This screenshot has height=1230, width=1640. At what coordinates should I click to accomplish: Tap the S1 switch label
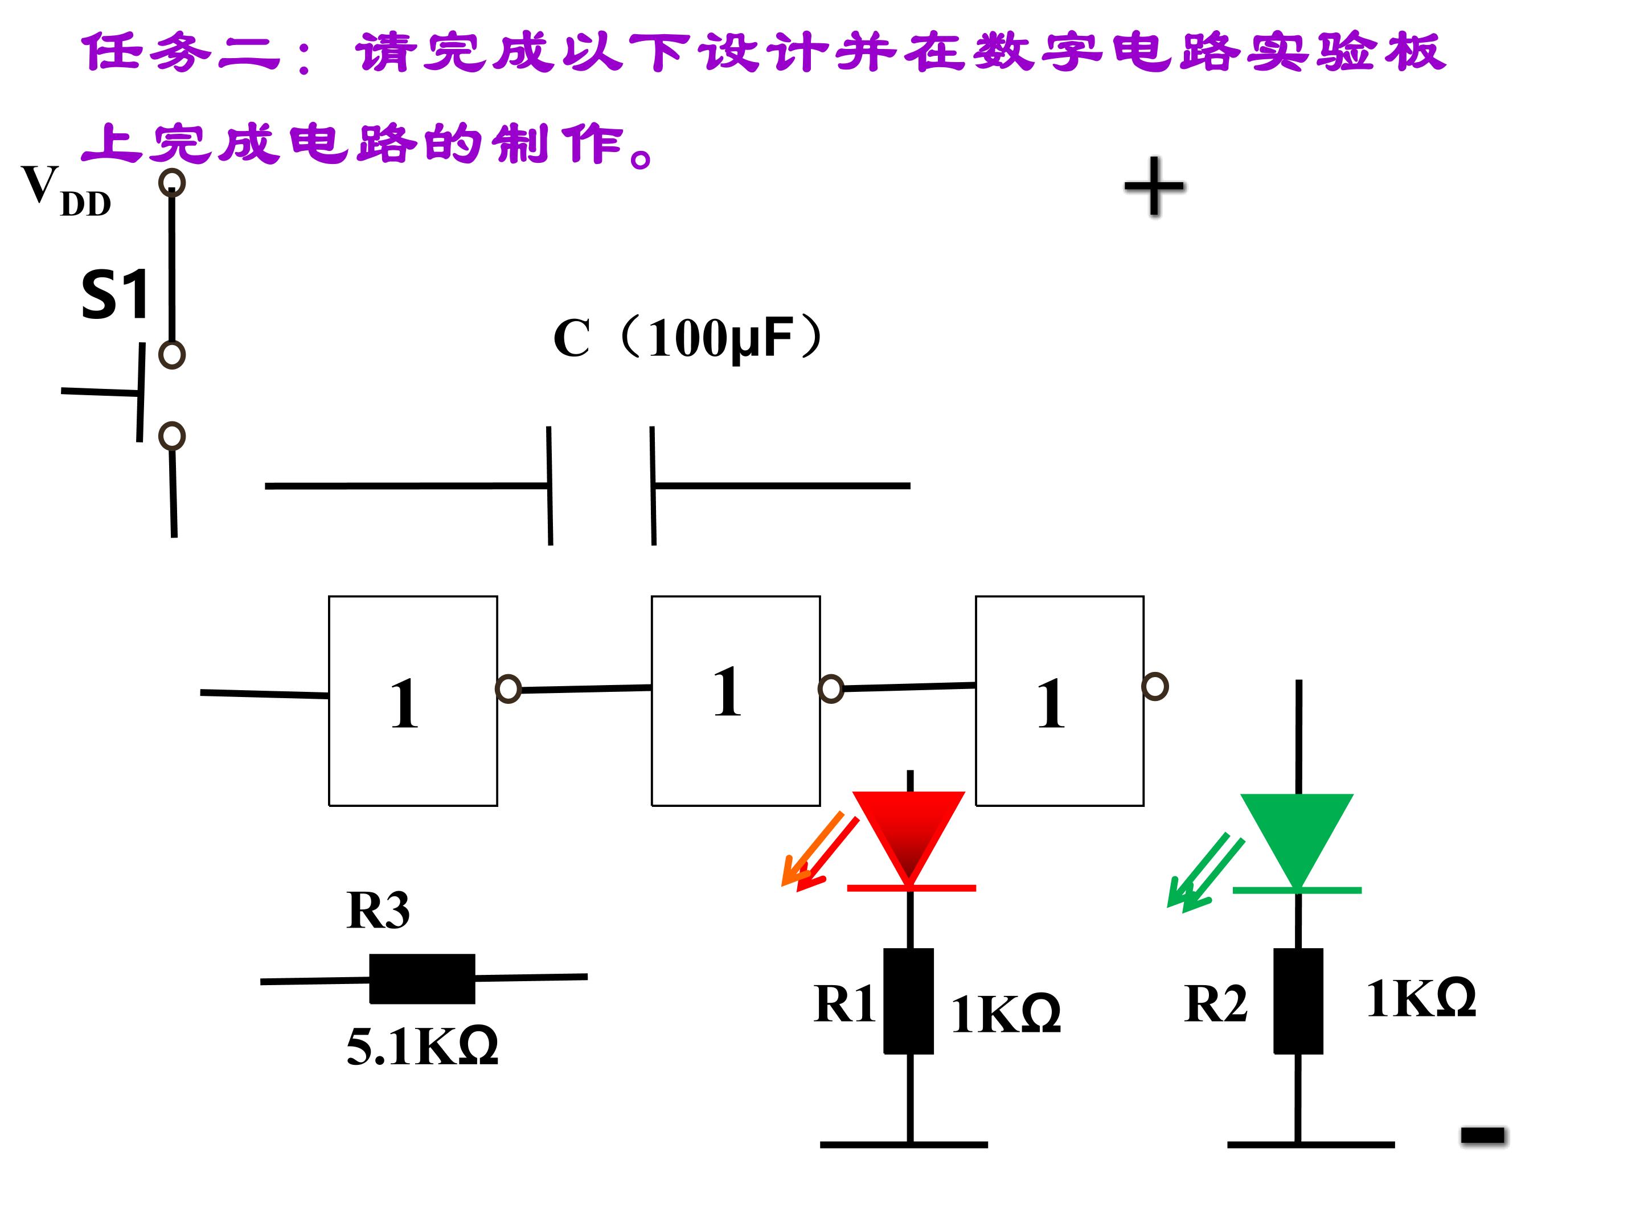point(116,294)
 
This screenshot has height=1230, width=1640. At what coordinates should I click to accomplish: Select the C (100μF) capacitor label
point(689,338)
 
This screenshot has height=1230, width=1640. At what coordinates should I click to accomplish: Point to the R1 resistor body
point(908,1001)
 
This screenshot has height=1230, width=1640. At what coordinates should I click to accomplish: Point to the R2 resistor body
point(1298,1001)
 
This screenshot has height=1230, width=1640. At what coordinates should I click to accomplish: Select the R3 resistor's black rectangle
point(422,979)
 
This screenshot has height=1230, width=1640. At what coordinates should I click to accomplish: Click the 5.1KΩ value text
point(422,1046)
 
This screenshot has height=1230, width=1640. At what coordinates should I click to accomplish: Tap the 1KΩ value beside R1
point(1006,1014)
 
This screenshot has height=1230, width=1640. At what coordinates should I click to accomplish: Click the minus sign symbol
point(1483,1135)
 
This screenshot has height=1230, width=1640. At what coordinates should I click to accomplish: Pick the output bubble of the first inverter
point(508,689)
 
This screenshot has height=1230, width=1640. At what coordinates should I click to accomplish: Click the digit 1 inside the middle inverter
point(727,692)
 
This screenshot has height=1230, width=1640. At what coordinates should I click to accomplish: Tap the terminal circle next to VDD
point(172,182)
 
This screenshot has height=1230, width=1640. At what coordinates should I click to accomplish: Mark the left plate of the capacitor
point(550,486)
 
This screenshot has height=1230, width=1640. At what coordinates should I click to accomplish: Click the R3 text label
point(378,910)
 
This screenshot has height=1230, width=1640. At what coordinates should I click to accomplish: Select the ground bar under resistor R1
point(904,1145)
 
